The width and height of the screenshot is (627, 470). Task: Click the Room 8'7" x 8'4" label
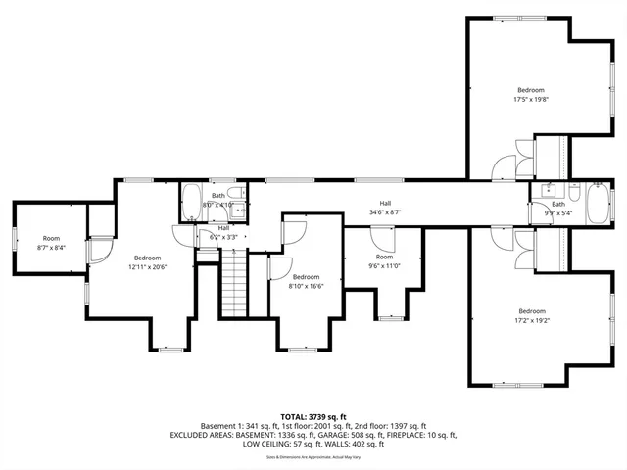coord(51,243)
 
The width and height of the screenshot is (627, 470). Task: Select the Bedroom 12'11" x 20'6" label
coord(147,261)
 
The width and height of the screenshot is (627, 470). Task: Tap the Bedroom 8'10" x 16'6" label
coord(306,281)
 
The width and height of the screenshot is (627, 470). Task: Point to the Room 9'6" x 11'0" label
coord(384,261)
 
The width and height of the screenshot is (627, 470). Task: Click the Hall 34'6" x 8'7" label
coord(386,207)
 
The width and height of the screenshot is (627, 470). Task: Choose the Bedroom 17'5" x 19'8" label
coord(531,94)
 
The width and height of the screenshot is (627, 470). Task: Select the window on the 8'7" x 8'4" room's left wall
coord(14,238)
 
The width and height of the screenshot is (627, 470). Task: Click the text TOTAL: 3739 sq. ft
coord(313,415)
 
